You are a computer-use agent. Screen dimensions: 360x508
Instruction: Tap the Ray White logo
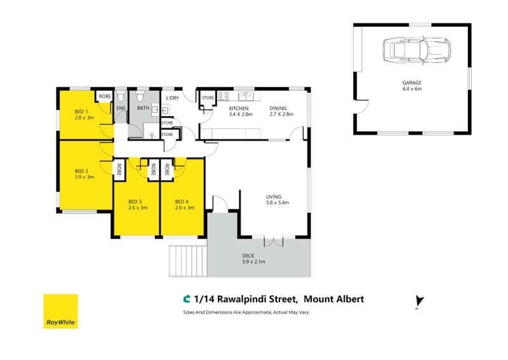[x=60, y=311]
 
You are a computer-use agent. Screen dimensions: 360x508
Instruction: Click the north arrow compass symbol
[x=417, y=302]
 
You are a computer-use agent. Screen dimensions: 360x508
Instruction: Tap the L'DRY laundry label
[x=172, y=98]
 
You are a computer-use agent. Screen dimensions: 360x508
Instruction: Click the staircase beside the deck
[x=187, y=260]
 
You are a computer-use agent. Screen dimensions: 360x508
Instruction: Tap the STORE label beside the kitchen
[x=208, y=98]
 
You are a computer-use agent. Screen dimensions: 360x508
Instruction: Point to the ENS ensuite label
[x=121, y=109]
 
